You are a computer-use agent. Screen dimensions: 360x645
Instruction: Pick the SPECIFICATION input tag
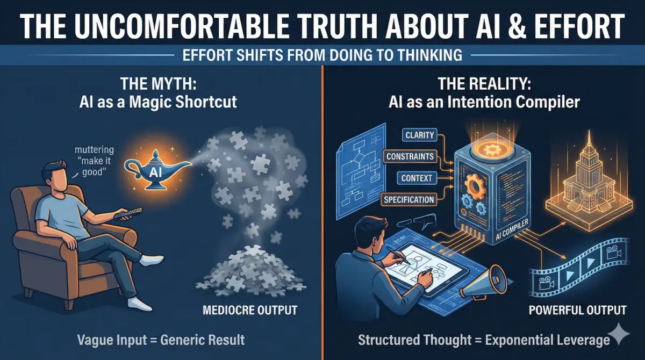(409, 199)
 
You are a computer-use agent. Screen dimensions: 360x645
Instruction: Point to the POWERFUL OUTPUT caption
(578, 310)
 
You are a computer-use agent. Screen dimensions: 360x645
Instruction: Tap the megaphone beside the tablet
(480, 282)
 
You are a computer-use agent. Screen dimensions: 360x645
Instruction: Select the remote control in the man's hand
(125, 213)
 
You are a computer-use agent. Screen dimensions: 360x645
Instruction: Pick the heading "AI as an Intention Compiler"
(483, 102)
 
